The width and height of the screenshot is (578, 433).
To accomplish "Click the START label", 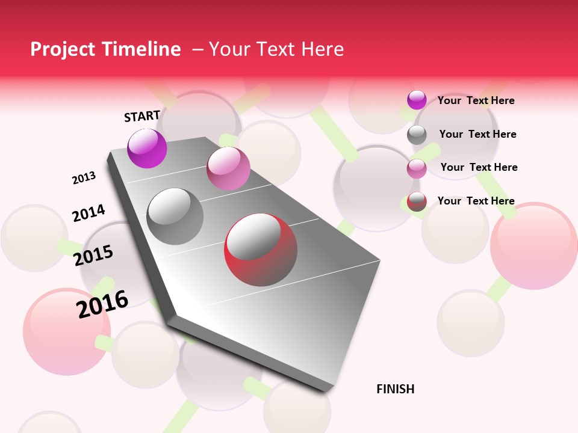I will [x=142, y=116].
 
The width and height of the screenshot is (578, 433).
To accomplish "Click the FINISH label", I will [x=396, y=389].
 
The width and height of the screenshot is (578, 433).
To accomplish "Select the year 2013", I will [x=84, y=178].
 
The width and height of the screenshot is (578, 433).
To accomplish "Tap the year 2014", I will [x=89, y=213].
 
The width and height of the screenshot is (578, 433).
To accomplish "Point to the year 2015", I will [x=93, y=256].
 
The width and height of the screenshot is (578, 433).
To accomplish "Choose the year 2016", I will [x=102, y=304].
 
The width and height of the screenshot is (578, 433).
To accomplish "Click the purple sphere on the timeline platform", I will [x=147, y=148].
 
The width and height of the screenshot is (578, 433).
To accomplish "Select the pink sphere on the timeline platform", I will [x=228, y=168].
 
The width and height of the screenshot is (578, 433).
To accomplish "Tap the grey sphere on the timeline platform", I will [x=175, y=216].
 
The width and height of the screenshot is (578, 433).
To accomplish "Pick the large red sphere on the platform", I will [x=261, y=250].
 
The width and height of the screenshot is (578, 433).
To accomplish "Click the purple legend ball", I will [x=417, y=100].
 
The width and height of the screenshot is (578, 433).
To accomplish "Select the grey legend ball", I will [x=417, y=135].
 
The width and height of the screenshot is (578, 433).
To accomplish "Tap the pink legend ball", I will [x=417, y=168].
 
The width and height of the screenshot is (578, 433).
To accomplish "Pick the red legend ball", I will [x=417, y=201].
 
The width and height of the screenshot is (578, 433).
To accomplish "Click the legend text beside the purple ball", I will [x=476, y=100].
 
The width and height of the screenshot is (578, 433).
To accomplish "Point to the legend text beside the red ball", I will [x=476, y=201].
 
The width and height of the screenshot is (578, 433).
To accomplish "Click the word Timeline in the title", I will [x=142, y=49].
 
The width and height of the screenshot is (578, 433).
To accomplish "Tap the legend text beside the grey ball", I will [x=477, y=134].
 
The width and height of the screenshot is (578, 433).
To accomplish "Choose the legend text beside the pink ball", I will [x=479, y=167].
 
